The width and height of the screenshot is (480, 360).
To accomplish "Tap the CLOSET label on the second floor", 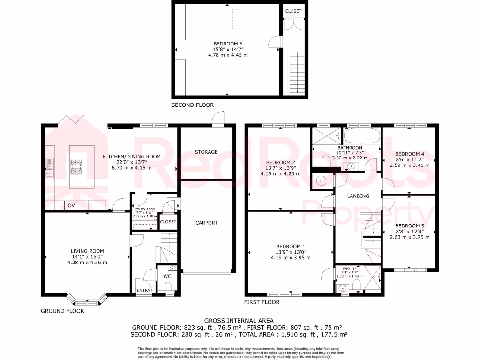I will (x=293, y=11).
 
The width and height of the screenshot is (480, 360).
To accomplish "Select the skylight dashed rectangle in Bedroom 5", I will (x=239, y=15).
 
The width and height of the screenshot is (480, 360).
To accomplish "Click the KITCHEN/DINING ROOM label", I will (x=133, y=157).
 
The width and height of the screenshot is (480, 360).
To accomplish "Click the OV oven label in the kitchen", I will (x=71, y=206).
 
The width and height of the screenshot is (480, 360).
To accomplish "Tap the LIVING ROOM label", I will (x=87, y=251).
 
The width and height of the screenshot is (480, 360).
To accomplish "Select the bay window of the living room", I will (x=84, y=299).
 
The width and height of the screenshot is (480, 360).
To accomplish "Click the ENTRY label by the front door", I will (x=144, y=291).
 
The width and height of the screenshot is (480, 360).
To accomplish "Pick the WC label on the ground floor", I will (x=167, y=276).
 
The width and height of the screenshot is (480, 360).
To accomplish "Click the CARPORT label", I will (x=207, y=223).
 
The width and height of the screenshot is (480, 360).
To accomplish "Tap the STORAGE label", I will (x=206, y=152).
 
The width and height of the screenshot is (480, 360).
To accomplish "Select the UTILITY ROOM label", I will (x=145, y=210).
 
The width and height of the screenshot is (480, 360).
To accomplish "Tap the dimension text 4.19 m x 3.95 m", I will (x=291, y=257).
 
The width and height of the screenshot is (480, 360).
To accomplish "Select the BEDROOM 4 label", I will (x=409, y=154).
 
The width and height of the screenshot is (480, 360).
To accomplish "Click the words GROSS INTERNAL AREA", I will (x=240, y=320).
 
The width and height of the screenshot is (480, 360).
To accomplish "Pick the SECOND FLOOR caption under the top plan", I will (x=192, y=105).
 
